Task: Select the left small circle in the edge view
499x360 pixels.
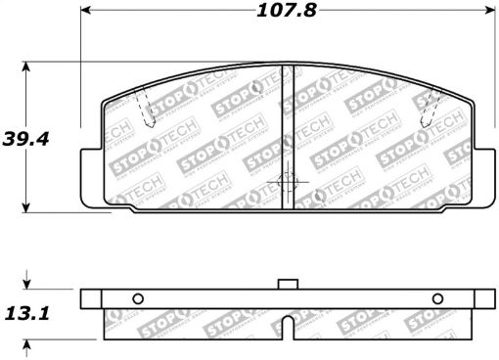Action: click(x=137, y=299)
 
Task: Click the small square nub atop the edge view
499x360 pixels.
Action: click(x=286, y=285)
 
